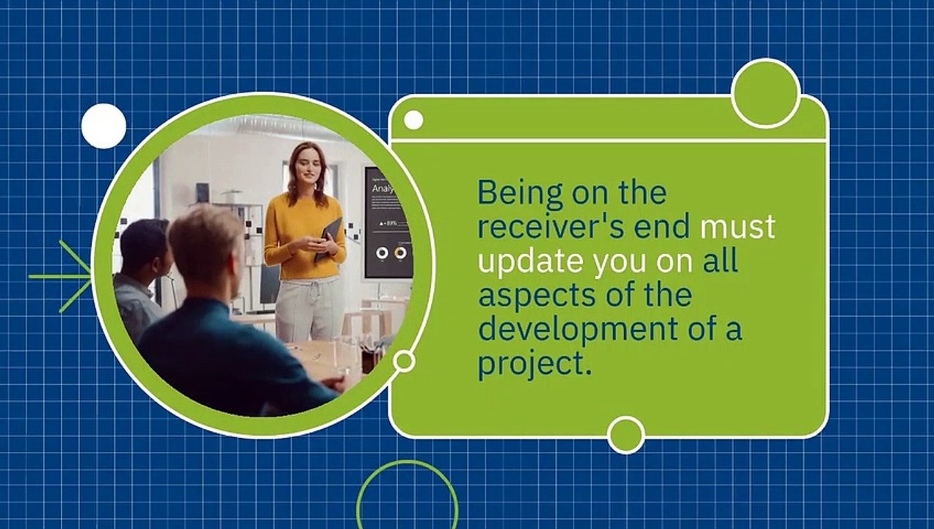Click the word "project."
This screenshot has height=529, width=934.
pyautogui.click(x=535, y=364)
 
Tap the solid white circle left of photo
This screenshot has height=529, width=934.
pyautogui.click(x=104, y=126)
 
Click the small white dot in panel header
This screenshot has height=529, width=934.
pyautogui.click(x=413, y=120)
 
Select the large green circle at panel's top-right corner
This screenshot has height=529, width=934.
pyautogui.click(x=766, y=93)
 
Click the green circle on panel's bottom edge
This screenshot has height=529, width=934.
pyautogui.click(x=626, y=435)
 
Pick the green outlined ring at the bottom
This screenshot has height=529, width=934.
pyautogui.click(x=407, y=463)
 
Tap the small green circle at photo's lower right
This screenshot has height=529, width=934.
pyautogui.click(x=404, y=361)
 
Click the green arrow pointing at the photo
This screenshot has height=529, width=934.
pyautogui.click(x=61, y=276)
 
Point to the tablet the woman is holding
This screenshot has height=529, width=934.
pyautogui.click(x=328, y=239)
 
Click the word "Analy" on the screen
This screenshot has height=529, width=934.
pyautogui.click(x=383, y=189)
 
